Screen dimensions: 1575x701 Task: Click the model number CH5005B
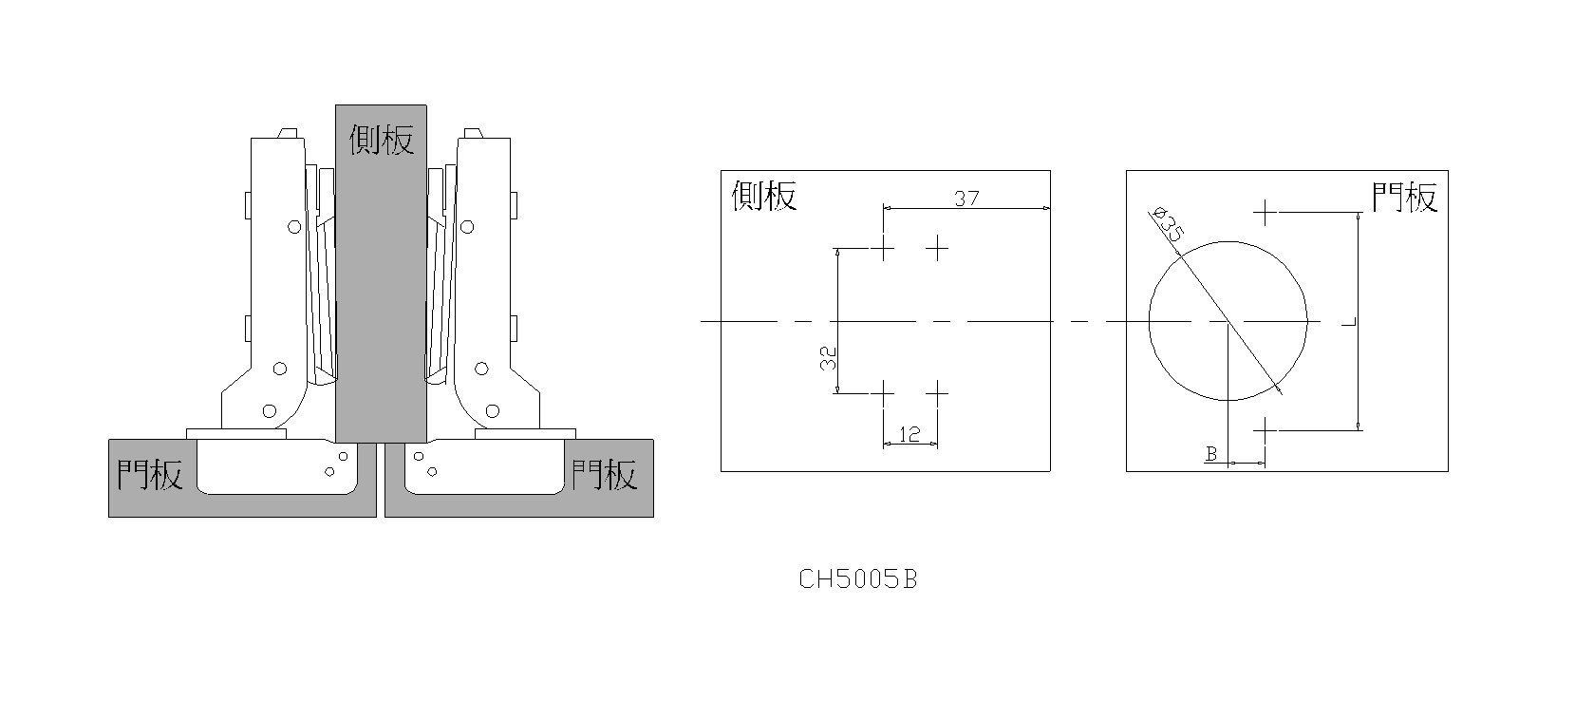858,579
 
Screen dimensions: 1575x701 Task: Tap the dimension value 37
966,199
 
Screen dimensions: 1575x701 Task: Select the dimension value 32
828,357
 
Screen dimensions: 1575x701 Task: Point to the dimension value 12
909,434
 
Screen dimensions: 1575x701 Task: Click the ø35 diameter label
1167,224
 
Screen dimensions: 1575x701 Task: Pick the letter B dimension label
1210,454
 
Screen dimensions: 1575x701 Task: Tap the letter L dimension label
1348,322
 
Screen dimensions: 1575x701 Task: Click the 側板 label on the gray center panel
381,139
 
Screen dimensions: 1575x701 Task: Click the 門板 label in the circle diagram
1405,197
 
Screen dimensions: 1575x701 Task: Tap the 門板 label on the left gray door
150,474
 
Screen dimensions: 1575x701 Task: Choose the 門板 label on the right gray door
604,474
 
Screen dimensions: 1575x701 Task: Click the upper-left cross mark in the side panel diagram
883,249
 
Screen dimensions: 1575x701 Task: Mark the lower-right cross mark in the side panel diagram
937,393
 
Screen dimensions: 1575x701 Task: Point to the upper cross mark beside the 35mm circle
1265,212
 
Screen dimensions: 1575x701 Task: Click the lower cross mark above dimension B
1265,429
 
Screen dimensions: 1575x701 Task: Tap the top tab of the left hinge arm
289,133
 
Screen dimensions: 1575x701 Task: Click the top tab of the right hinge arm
473,133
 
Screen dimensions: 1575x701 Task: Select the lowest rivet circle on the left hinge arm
270,411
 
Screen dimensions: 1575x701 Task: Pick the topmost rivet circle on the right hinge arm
467,227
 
